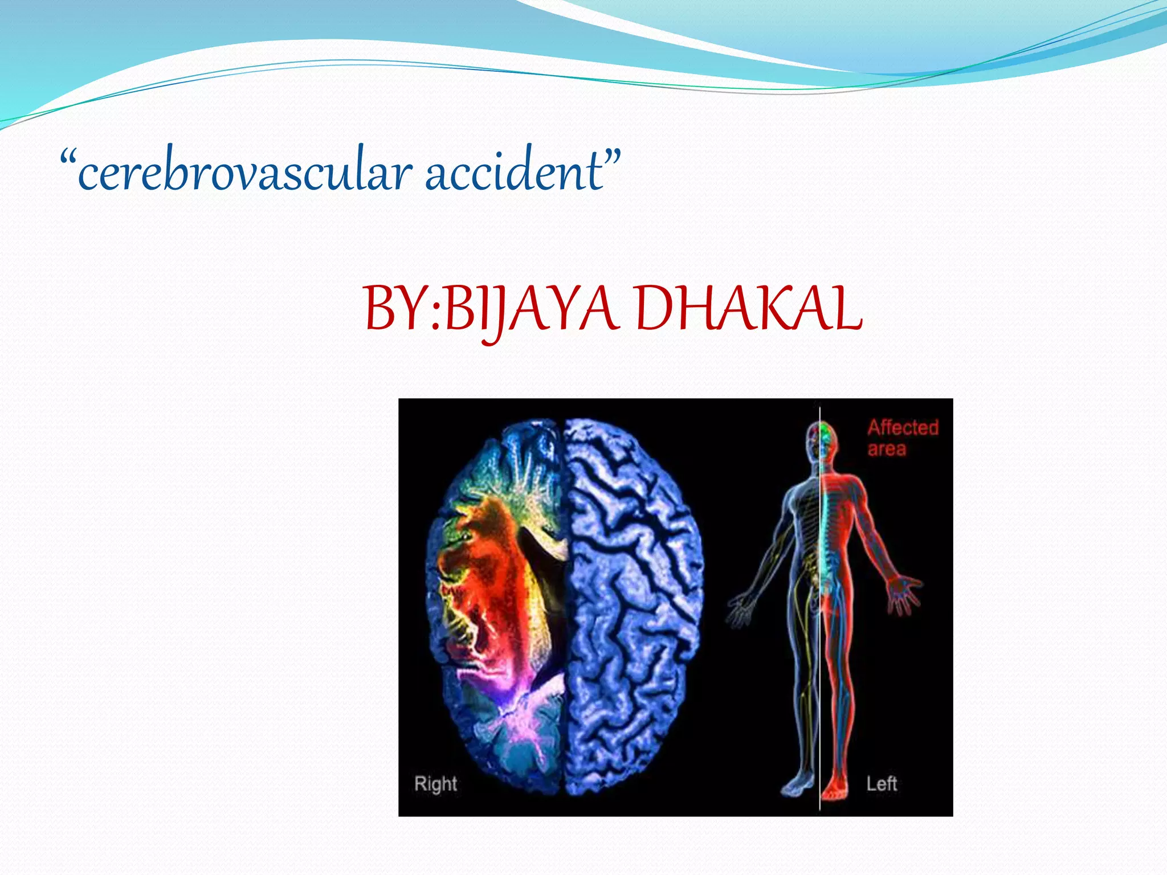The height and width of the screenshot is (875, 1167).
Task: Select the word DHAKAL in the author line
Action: [748, 309]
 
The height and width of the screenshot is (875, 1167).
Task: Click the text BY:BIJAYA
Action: [490, 309]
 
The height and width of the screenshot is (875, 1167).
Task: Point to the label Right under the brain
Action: [435, 784]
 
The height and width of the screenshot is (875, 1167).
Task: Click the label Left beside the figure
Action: [882, 784]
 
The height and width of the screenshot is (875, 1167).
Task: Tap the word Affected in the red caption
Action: [903, 427]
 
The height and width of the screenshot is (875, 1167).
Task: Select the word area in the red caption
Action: [887, 449]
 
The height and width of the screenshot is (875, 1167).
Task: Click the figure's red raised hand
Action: [903, 595]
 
